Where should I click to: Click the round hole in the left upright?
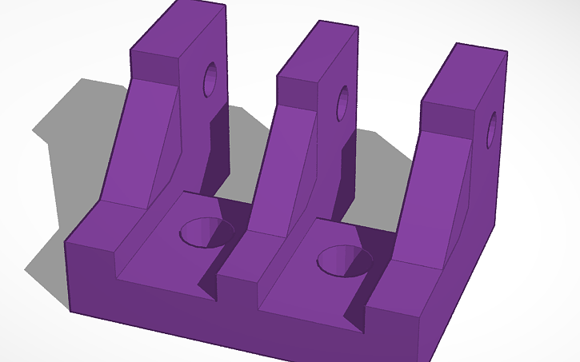(x=211, y=80)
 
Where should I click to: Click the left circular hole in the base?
(x=206, y=233)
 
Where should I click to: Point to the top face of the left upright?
(x=178, y=28)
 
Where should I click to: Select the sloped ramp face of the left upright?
(x=144, y=136)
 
